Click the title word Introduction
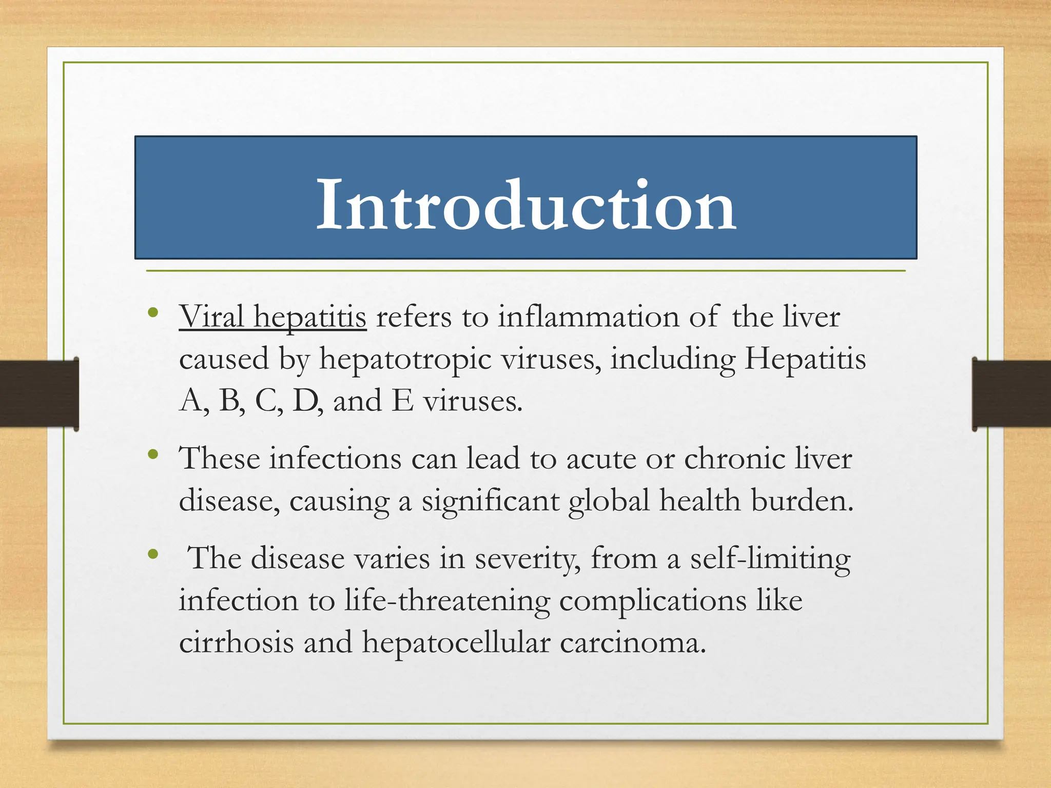pyautogui.click(x=526, y=206)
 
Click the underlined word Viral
pyautogui.click(x=211, y=317)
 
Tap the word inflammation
pyautogui.click(x=588, y=317)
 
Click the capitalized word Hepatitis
pyautogui.click(x=805, y=359)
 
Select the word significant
pyautogui.click(x=490, y=501)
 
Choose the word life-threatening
pyautogui.click(x=447, y=601)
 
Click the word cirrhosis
pyautogui.click(x=236, y=642)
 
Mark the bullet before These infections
pyautogui.click(x=152, y=454)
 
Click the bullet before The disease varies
pyautogui.click(x=152, y=554)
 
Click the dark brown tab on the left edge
pyautogui.click(x=39, y=393)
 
